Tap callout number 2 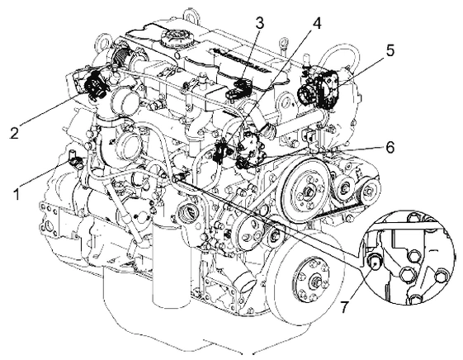click(x=15, y=132)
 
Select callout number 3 click(x=259, y=23)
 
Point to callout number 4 click(x=315, y=23)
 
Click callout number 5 click(x=390, y=50)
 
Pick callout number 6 click(x=390, y=147)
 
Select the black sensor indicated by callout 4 click(x=220, y=151)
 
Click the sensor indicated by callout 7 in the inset click(x=374, y=260)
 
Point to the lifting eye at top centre click(x=190, y=16)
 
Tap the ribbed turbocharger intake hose click(x=122, y=55)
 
